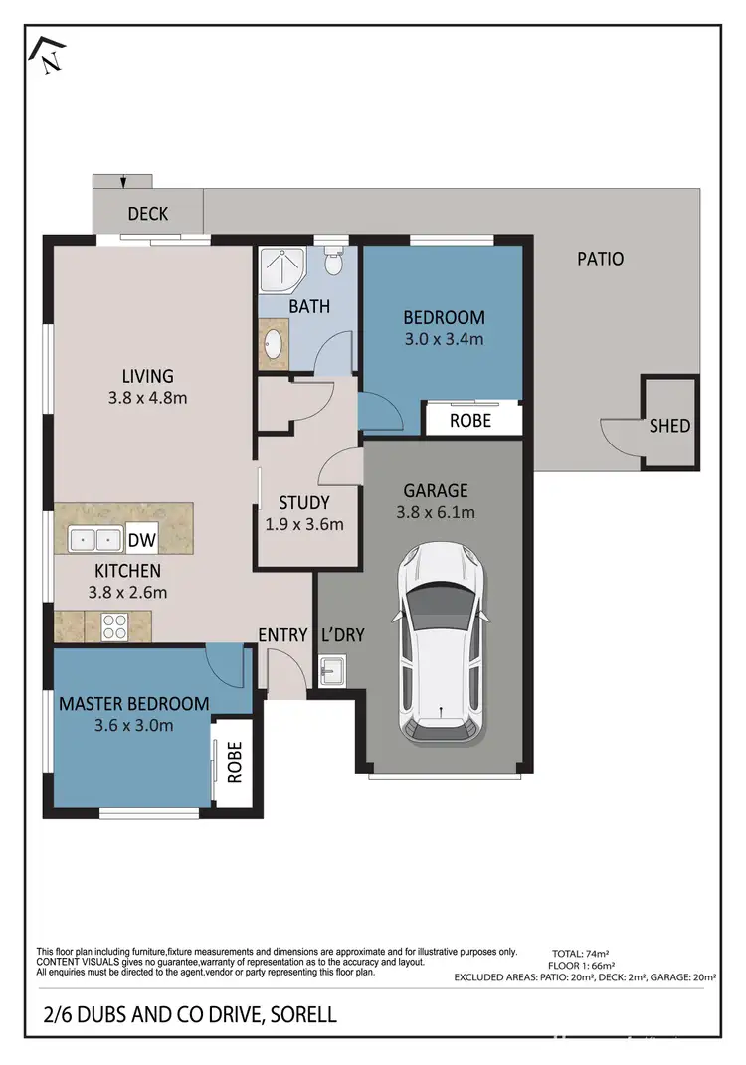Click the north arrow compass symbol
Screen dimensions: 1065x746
[46, 55]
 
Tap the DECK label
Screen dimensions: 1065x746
[148, 213]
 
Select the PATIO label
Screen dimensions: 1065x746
[601, 259]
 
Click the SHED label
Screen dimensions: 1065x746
[669, 426]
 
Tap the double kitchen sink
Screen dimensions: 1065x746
[95, 540]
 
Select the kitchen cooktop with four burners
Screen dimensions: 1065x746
[112, 627]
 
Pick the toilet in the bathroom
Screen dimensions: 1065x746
[334, 262]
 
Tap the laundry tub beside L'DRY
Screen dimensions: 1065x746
[331, 673]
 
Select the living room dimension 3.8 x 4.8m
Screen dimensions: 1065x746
[148, 398]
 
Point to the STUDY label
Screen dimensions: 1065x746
[303, 503]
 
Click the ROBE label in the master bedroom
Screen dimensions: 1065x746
[235, 762]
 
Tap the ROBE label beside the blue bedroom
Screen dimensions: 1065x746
[471, 420]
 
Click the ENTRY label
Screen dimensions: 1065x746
[281, 635]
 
